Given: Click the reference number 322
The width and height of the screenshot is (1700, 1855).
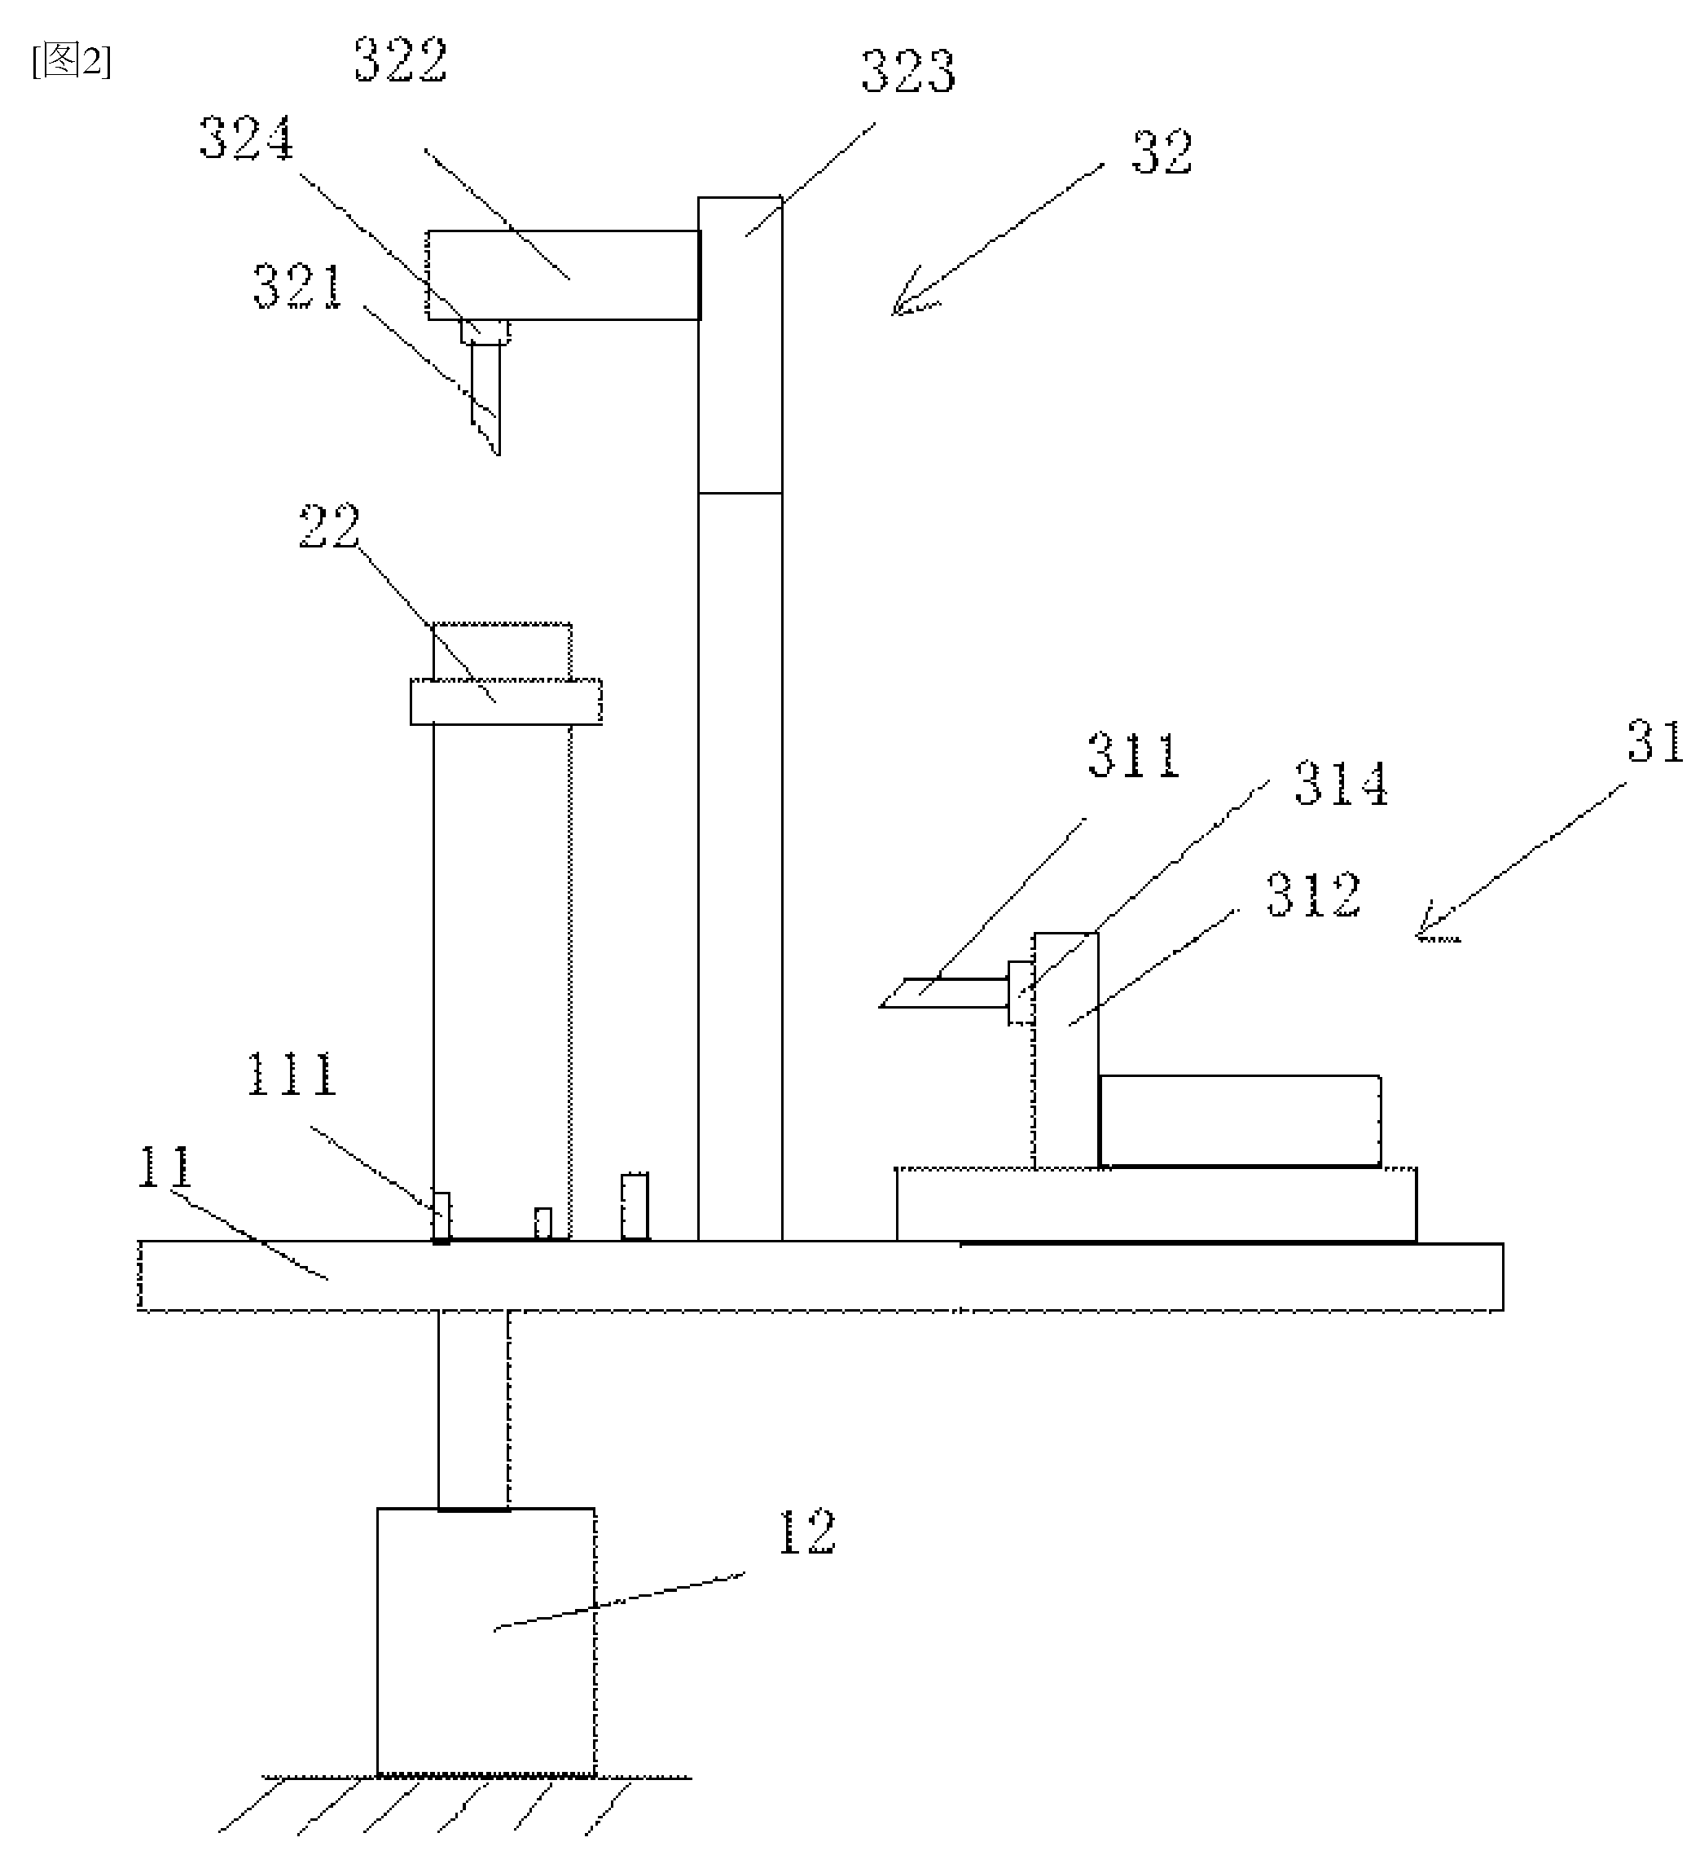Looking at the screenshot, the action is click(401, 61).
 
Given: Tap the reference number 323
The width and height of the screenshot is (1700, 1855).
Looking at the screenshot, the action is click(908, 71).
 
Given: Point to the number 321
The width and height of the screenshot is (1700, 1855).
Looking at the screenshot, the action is click(298, 285).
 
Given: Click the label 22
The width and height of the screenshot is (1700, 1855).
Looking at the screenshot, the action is click(329, 526).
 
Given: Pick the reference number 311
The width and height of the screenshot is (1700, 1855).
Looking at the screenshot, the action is click(1133, 755).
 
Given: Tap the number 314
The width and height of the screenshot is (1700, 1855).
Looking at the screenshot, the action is click(1342, 784).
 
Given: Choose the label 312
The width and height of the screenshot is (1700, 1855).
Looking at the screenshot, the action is click(1314, 895).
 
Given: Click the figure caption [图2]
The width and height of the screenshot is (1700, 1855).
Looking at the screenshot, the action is click(72, 62).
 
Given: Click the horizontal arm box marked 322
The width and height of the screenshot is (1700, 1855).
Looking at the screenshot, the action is click(563, 275).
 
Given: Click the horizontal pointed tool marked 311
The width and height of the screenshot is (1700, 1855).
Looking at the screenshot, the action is click(944, 993).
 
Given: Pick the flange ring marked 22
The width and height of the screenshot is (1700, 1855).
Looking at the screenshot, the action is click(506, 702).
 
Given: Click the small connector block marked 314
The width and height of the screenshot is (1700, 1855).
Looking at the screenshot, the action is click(1021, 992).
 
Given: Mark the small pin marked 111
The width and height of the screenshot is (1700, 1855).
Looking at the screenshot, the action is click(441, 1217).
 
